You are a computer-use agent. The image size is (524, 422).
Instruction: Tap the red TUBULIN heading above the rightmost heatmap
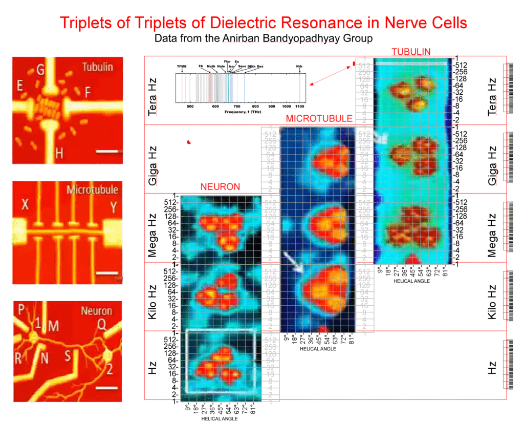tap(410, 52)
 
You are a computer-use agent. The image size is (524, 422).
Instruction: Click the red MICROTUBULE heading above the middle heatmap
tap(319, 119)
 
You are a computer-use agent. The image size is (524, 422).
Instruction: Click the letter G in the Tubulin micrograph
tap(40, 70)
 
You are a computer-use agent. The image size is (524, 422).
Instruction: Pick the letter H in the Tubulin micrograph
tap(59, 152)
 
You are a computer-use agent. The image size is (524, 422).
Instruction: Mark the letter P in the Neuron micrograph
tap(21, 310)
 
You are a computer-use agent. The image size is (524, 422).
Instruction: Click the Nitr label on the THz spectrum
tap(299, 66)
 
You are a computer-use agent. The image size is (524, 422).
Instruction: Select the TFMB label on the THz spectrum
tap(182, 66)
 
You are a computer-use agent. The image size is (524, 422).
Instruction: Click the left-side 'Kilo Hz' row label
tap(152, 297)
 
